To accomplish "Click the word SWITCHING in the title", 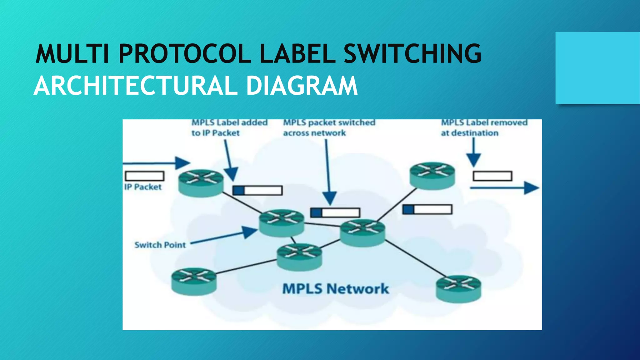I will (x=412, y=54).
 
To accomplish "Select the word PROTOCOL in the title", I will (x=184, y=54).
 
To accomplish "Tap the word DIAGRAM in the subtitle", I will (x=302, y=86).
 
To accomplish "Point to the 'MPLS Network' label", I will (x=336, y=289).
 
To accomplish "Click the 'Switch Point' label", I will (x=160, y=245).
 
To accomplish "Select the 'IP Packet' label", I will (x=143, y=187).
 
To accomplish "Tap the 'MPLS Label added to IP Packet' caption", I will (x=229, y=128).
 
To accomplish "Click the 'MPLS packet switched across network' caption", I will (x=329, y=128).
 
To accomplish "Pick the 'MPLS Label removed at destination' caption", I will (x=484, y=128).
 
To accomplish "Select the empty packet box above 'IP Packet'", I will (x=144, y=176).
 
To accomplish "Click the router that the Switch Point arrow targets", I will (x=282, y=222).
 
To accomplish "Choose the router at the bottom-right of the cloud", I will (x=458, y=288).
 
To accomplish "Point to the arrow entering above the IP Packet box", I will (x=156, y=163).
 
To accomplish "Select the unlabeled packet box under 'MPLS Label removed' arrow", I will (x=492, y=176).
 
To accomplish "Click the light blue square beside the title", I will (x=597, y=68).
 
